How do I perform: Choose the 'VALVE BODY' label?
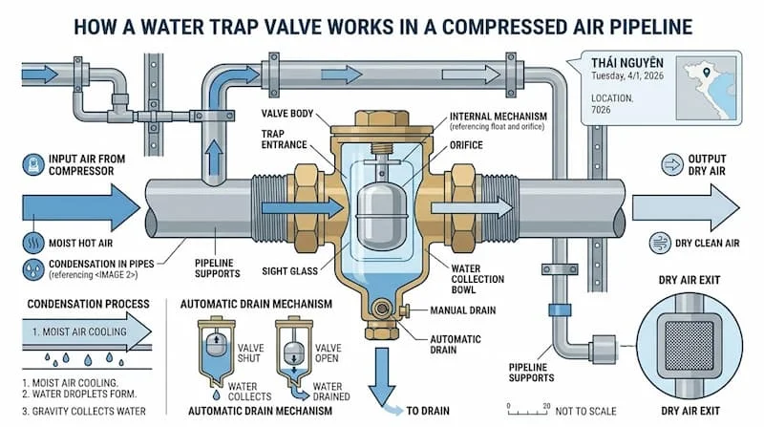289,114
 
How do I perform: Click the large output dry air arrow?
680,204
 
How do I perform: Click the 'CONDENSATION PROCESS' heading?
76,305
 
